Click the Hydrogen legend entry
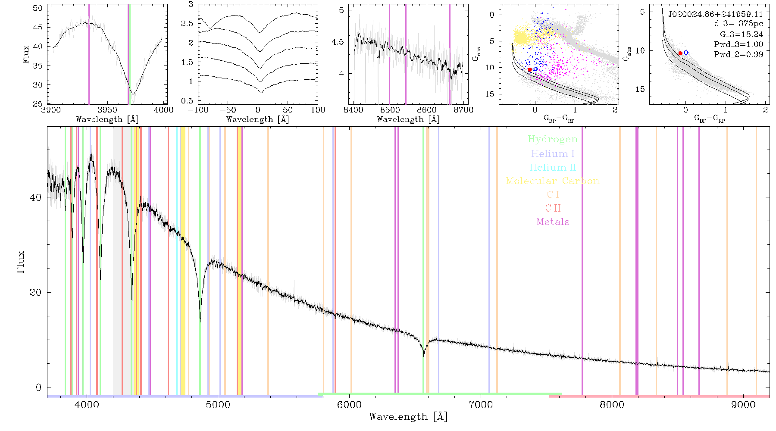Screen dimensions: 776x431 tap(553, 139)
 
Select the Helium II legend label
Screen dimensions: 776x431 tap(553, 167)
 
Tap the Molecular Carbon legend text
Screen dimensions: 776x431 tap(553, 181)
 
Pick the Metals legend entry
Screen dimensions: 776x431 tap(553, 222)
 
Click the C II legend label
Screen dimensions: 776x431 tap(553, 208)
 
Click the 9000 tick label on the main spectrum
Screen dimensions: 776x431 tap(743, 405)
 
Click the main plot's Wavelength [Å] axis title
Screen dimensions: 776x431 tap(408, 417)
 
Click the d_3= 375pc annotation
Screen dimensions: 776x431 tap(738, 24)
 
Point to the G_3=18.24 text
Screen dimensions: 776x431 tap(742, 34)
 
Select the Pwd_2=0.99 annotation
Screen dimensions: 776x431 tap(738, 54)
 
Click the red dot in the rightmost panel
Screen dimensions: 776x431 tap(680, 53)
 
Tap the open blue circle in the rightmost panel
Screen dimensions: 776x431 tap(686, 53)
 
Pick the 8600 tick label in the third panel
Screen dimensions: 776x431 tap(427, 110)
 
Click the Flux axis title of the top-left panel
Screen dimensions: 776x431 tap(26, 54)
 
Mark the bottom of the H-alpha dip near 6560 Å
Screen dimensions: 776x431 tap(423, 357)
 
